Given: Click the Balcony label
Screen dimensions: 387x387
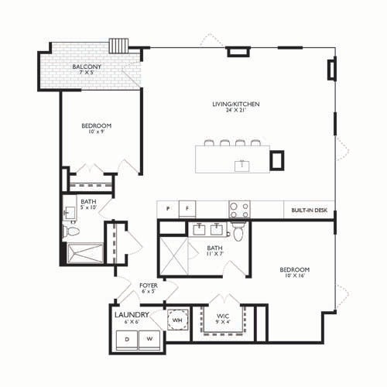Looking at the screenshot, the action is pyautogui.click(x=87, y=67).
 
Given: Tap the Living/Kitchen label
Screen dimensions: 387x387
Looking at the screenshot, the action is pyautogui.click(x=236, y=104).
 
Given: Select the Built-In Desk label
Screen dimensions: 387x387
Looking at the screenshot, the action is pyautogui.click(x=310, y=211).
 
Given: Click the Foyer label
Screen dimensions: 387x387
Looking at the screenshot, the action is pyautogui.click(x=149, y=286).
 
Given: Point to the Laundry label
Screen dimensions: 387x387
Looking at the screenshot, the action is pyautogui.click(x=132, y=315).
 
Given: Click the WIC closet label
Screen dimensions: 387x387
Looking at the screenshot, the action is pyautogui.click(x=223, y=317).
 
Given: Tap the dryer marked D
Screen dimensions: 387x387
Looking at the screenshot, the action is pyautogui.click(x=127, y=340).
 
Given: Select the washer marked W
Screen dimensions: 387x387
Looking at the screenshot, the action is pyautogui.click(x=149, y=340).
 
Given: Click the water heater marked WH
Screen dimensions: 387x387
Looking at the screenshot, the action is pyautogui.click(x=177, y=320).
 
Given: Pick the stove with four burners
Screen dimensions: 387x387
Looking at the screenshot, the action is pyautogui.click(x=239, y=210).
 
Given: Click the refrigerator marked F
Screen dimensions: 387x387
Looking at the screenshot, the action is pyautogui.click(x=187, y=209).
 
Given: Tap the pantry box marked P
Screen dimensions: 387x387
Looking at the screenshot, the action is pyautogui.click(x=168, y=209).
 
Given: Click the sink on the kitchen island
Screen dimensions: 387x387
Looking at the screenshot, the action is pyautogui.click(x=242, y=166).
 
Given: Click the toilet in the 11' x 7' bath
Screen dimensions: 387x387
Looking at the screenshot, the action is pyautogui.click(x=238, y=232).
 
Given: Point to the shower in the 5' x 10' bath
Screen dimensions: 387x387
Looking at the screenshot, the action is pyautogui.click(x=85, y=254).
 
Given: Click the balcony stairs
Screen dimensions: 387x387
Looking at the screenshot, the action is pyautogui.click(x=118, y=46).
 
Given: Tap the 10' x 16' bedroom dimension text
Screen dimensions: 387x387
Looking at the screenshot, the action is pyautogui.click(x=295, y=276).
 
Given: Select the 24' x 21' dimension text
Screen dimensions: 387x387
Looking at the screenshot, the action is pyautogui.click(x=236, y=110).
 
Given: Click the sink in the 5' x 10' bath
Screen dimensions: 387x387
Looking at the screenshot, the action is pyautogui.click(x=69, y=213).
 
